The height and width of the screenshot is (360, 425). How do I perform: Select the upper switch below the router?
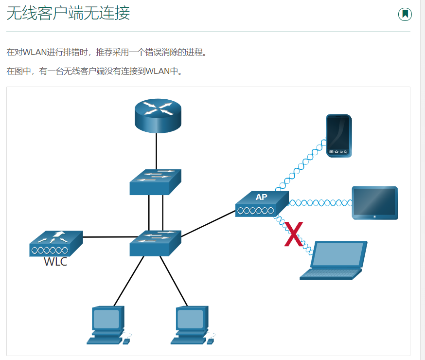tap(155, 182)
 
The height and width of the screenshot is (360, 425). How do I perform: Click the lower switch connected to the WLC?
tap(155, 243)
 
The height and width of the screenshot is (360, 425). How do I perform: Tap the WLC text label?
tap(55, 262)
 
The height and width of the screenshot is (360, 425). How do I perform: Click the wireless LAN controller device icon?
tap(56, 243)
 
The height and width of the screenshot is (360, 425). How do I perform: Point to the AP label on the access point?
tap(261, 197)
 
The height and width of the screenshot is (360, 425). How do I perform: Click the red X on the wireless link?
tap(294, 234)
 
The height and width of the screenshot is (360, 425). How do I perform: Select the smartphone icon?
tap(338, 135)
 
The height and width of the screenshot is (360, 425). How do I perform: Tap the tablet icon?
tap(374, 202)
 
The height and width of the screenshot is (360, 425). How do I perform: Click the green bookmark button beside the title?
tap(405, 14)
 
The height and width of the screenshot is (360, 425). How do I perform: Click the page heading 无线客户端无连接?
tap(68, 14)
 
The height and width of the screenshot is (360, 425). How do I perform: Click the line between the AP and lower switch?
tap(208, 223)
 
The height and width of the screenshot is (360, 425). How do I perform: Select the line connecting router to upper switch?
tap(156, 151)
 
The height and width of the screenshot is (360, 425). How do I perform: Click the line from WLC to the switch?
tap(106, 237)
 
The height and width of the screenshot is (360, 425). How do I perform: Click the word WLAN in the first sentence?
tap(35, 52)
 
